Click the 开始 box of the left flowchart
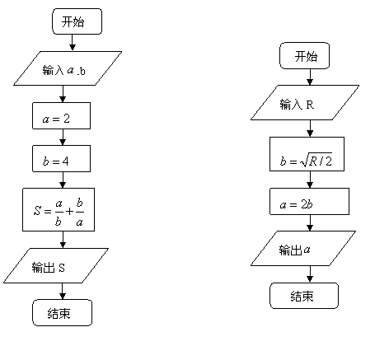[77, 21]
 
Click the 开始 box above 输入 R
[304, 55]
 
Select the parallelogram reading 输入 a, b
[68, 68]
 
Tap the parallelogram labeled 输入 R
[305, 102]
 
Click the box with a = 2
[61, 115]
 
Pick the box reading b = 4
[61, 158]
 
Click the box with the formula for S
[59, 209]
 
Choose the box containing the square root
[307, 154]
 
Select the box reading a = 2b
[310, 201]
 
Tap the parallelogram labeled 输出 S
[56, 265]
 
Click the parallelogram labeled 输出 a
[303, 248]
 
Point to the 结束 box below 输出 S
[63, 312]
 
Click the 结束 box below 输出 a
[304, 296]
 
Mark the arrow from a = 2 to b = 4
[63, 137]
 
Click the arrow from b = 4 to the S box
[63, 180]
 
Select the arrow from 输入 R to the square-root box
[310, 129]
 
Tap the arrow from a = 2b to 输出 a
[310, 222]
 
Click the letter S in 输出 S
[62, 268]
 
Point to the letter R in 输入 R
[310, 105]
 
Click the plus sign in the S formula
[70, 211]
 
